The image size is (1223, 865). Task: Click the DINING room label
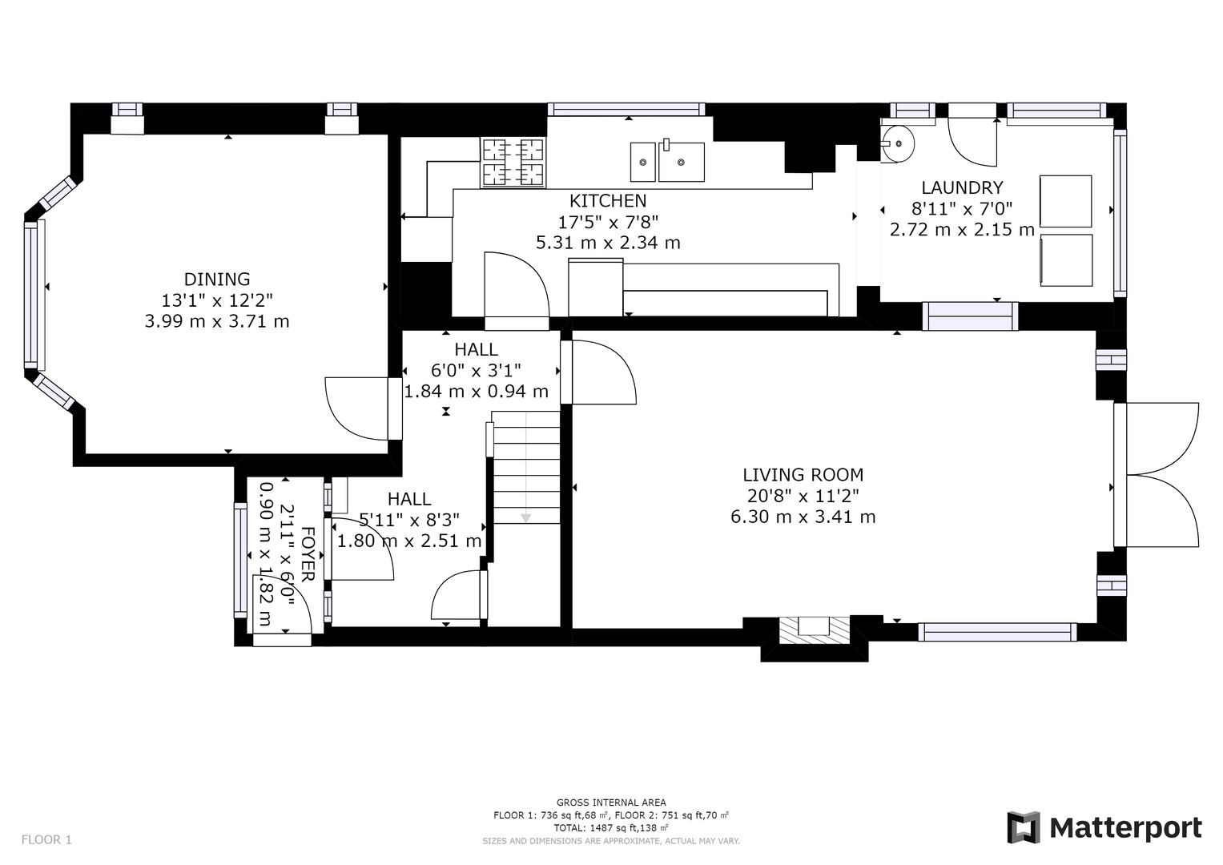pyautogui.click(x=217, y=279)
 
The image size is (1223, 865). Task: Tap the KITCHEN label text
pyautogui.click(x=608, y=201)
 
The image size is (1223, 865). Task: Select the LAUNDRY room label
pyautogui.click(x=962, y=187)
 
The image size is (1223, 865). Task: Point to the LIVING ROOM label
pyautogui.click(x=803, y=474)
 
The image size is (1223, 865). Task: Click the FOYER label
pyautogui.click(x=308, y=554)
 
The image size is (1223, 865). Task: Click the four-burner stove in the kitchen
pyautogui.click(x=513, y=162)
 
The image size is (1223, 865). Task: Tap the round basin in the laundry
pyautogui.click(x=898, y=143)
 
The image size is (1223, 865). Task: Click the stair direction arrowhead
pyautogui.click(x=525, y=517)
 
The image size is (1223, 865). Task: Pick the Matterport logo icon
pyautogui.click(x=1024, y=827)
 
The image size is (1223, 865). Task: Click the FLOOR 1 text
pyautogui.click(x=46, y=839)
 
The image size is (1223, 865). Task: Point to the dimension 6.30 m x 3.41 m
pyautogui.click(x=803, y=517)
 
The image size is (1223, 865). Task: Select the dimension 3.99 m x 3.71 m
pyautogui.click(x=217, y=321)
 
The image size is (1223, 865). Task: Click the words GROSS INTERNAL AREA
pyautogui.click(x=611, y=803)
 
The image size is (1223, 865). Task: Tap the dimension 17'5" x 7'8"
pyautogui.click(x=608, y=222)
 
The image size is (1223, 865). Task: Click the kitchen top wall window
pyautogui.click(x=626, y=110)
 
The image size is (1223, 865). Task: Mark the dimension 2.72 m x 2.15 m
pyautogui.click(x=962, y=229)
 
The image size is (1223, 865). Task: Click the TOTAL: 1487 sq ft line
pyautogui.click(x=611, y=827)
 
